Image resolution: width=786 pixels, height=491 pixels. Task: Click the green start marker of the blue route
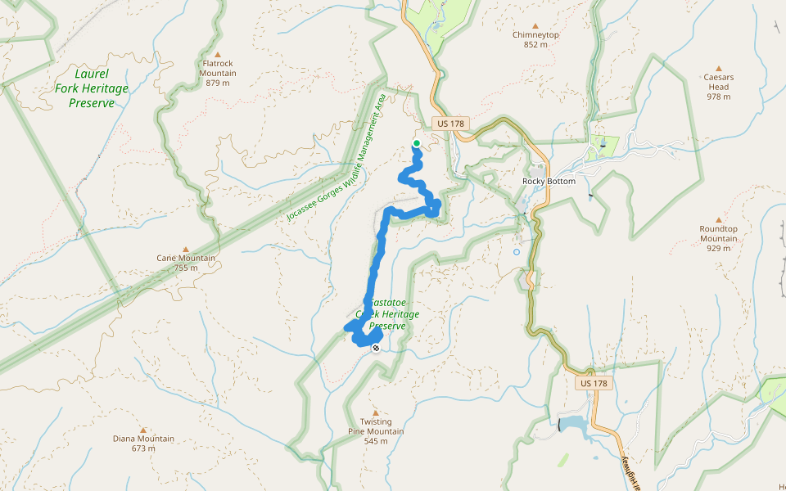(416, 144)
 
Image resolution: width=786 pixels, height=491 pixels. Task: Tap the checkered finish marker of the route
(376, 349)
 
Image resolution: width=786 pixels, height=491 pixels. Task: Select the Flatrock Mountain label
(218, 68)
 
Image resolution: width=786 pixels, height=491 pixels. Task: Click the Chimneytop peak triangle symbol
(535, 25)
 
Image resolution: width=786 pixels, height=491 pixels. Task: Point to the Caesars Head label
(718, 82)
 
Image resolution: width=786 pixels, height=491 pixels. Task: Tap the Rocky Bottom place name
(549, 181)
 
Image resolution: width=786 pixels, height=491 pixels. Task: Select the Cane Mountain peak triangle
(186, 249)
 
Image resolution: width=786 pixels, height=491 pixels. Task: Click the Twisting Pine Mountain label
(376, 427)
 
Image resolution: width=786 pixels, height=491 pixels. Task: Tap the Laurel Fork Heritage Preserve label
(91, 88)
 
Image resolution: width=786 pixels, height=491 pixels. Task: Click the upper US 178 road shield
(450, 124)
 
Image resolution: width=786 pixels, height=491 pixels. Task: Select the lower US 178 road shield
(594, 383)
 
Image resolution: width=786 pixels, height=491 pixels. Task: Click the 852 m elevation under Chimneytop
(535, 45)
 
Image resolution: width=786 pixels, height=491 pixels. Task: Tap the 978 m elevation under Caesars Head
(718, 97)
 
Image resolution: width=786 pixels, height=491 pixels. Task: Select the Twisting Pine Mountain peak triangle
(376, 412)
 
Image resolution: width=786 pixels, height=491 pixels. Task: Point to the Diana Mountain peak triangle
(143, 430)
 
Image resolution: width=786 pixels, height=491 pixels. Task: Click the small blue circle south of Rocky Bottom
(517, 252)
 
